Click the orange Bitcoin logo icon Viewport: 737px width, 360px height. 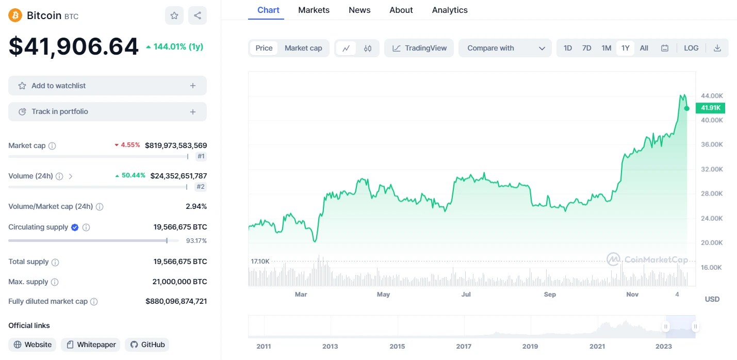(x=15, y=15)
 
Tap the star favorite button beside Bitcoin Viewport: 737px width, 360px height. (x=174, y=15)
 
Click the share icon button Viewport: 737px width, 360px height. (x=198, y=15)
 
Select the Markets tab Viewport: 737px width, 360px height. (x=314, y=10)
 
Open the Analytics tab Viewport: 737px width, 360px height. (x=450, y=10)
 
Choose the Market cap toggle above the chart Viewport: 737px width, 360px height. (x=303, y=48)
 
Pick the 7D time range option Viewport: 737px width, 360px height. (x=586, y=48)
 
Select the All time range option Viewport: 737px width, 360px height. (x=644, y=48)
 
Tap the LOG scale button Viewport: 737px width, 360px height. (x=691, y=48)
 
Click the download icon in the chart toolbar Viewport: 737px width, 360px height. (x=717, y=48)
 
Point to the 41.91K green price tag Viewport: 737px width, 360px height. (x=710, y=108)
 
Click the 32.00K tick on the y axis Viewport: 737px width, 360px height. (x=712, y=169)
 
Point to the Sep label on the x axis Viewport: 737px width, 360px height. (x=550, y=294)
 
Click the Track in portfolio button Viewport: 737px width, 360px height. (x=107, y=111)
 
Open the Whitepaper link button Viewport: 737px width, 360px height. (x=91, y=345)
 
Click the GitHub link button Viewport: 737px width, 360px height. (x=147, y=345)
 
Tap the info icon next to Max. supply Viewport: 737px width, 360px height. (x=55, y=282)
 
